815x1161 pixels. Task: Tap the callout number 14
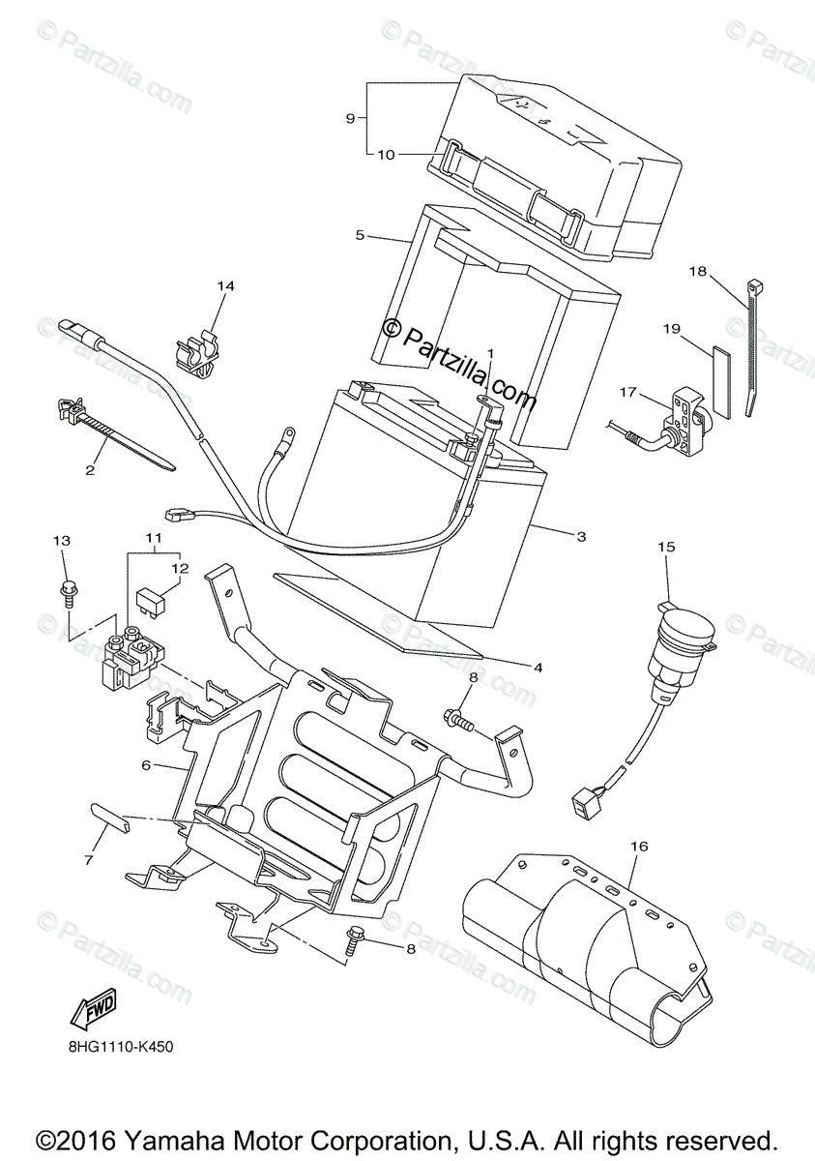click(225, 286)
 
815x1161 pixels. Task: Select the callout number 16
click(637, 845)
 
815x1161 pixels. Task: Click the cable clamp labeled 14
click(198, 350)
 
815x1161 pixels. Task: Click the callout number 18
click(697, 272)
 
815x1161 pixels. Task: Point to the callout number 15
click(666, 547)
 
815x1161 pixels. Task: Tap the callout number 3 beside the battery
click(581, 535)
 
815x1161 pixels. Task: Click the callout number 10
click(385, 154)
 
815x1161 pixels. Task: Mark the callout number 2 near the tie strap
click(90, 470)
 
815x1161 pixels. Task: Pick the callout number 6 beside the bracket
click(146, 764)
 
